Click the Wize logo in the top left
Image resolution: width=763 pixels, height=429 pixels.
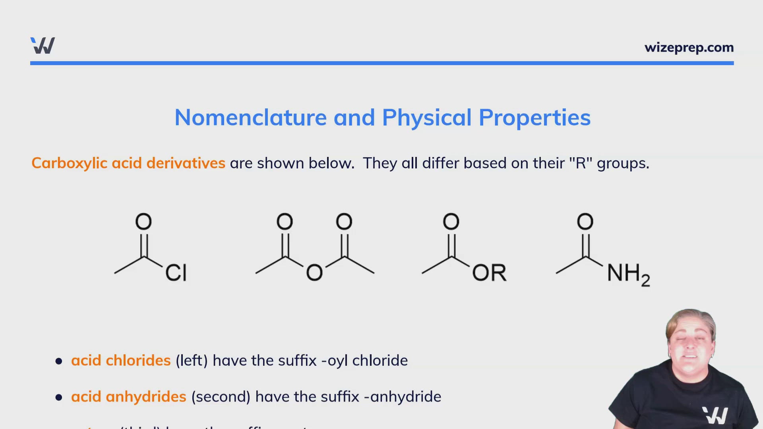point(43,46)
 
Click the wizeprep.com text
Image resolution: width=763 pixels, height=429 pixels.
point(689,48)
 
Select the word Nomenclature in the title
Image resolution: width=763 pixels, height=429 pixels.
point(250,118)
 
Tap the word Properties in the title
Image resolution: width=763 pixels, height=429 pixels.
point(534,118)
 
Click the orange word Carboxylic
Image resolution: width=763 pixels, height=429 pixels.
point(70,163)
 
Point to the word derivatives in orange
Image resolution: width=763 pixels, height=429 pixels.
point(186,163)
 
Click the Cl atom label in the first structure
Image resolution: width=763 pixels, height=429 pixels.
point(176,272)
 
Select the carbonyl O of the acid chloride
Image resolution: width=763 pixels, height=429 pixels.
point(143,222)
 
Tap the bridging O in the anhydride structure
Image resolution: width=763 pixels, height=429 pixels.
point(314,273)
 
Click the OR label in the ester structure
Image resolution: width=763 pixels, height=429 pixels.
point(489,272)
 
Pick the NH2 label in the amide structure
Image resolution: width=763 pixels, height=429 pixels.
point(628,274)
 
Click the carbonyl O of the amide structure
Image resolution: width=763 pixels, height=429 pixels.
point(585,222)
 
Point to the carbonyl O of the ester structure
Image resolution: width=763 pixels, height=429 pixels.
point(451,222)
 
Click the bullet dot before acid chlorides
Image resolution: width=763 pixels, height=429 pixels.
point(59,361)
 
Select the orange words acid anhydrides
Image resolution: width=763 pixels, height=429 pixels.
point(128,397)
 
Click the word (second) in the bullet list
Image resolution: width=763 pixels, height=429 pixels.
point(221,397)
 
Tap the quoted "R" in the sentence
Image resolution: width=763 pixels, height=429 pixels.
point(581,163)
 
